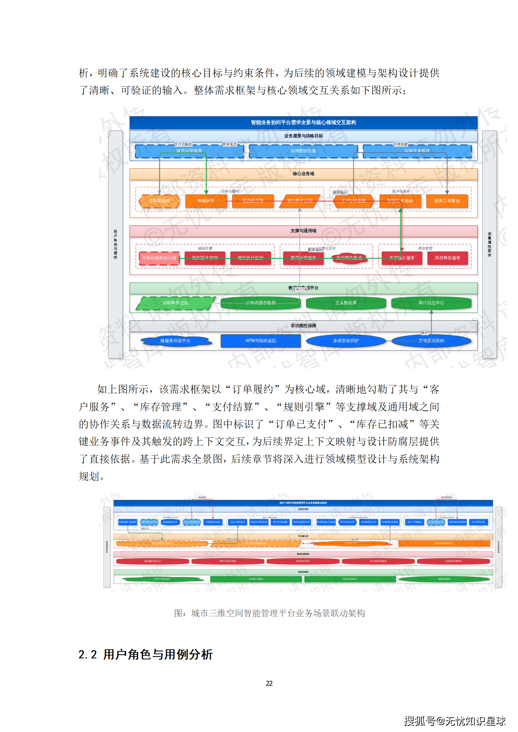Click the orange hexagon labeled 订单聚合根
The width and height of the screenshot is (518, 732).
[159, 201]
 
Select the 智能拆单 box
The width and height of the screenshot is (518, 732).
[206, 201]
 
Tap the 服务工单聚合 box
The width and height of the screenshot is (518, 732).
[447, 201]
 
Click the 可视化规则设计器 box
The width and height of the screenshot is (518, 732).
[159, 258]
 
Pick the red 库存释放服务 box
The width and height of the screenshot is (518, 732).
[447, 258]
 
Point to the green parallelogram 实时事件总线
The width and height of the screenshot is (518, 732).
[175, 303]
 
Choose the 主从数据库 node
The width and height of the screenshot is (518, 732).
[346, 303]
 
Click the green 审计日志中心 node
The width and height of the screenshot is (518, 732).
[431, 303]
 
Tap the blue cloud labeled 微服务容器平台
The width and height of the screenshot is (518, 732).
[175, 341]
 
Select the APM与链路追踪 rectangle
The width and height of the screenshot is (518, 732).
[260, 341]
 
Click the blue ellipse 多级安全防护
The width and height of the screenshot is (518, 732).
[346, 341]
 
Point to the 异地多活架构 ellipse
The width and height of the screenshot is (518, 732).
[431, 341]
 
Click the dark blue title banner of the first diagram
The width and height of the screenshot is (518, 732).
[303, 123]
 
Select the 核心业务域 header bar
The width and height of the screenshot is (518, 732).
[303, 174]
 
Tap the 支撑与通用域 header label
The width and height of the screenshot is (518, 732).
[303, 231]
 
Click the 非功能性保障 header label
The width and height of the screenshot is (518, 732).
[303, 326]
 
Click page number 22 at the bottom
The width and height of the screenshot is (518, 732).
[269, 683]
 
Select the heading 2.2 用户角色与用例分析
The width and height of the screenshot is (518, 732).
[146, 654]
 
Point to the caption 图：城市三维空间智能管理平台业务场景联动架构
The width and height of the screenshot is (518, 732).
[269, 613]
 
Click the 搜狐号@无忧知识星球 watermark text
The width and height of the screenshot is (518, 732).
[454, 721]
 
